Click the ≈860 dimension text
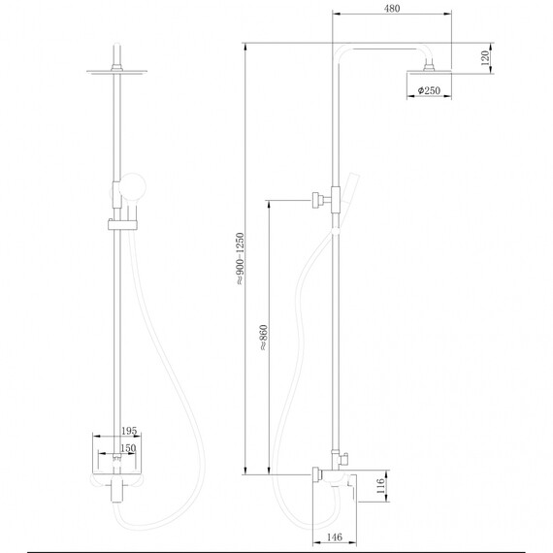coord(263,337)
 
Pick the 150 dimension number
coord(127,449)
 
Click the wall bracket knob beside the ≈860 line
coord(316,200)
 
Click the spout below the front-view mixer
coord(118,496)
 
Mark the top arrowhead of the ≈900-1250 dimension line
coord(244,46)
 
